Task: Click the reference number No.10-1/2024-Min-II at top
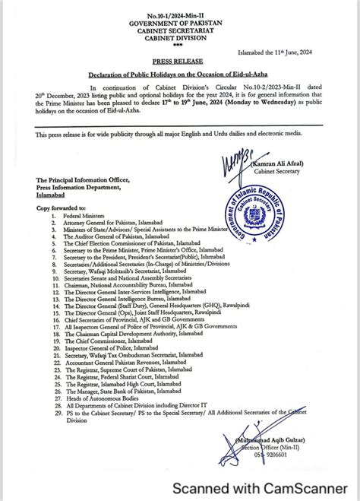coord(181,16)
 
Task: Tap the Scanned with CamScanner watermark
coord(261,487)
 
